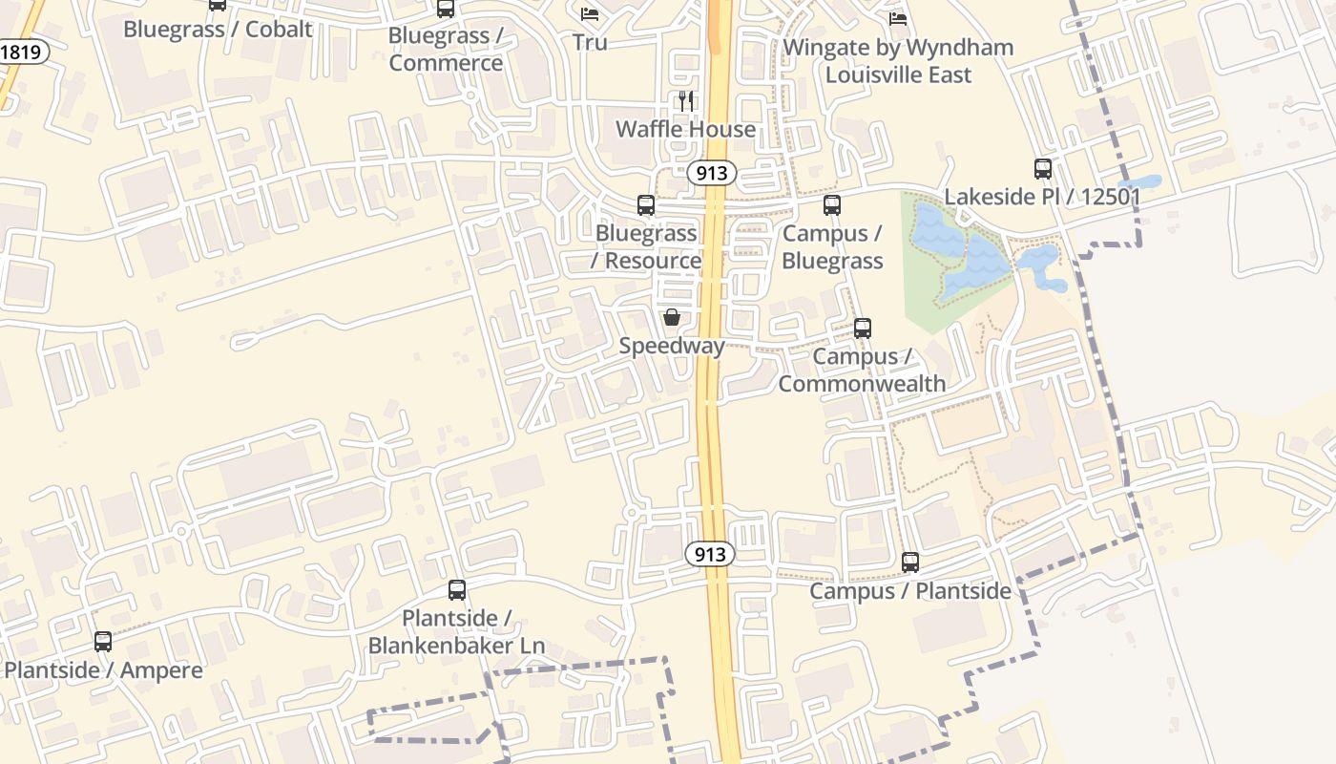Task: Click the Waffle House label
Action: tap(685, 129)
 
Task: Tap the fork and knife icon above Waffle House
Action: tap(686, 100)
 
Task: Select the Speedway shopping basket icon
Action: tap(672, 317)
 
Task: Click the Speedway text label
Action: tap(672, 346)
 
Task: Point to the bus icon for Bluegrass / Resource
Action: tap(646, 205)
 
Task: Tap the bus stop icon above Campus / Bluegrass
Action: tap(832, 205)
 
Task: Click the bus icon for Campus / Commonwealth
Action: tap(863, 329)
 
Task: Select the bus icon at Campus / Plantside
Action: tap(910, 562)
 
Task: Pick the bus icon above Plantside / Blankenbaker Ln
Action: tap(457, 590)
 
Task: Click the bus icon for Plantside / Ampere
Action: tap(103, 642)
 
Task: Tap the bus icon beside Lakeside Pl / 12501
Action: tap(1043, 169)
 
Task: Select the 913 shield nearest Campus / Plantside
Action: tap(710, 554)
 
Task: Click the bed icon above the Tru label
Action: tap(590, 14)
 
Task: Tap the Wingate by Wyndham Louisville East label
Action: tap(898, 60)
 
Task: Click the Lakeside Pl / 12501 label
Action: tap(1043, 197)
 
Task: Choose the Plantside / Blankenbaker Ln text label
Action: tap(457, 631)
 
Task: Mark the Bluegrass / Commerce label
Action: tap(446, 49)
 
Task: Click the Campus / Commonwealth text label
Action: tap(863, 370)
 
